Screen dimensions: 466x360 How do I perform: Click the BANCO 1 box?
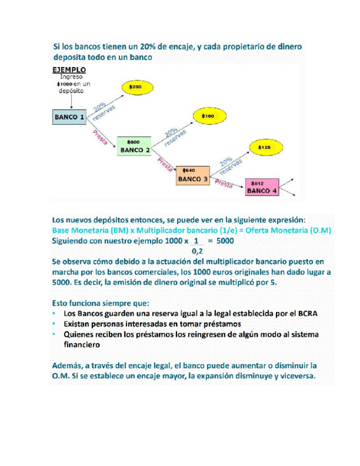69,117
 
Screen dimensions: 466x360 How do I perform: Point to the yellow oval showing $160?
207,116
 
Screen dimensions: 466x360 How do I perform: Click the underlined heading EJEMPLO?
69,70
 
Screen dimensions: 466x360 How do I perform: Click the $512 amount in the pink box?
256,183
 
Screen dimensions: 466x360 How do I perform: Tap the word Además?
69,365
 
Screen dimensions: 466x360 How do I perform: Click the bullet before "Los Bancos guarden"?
54,313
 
